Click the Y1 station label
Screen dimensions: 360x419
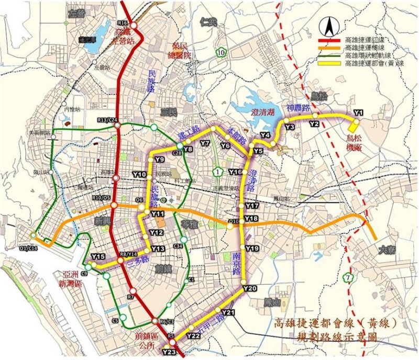pyautogui.click(x=359, y=112)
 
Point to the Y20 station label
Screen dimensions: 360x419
pyautogui.click(x=250, y=288)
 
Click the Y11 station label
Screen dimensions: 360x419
pyautogui.click(x=157, y=214)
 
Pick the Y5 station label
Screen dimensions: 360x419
pyautogui.click(x=258, y=151)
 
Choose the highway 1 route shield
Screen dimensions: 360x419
pyautogui.click(x=218, y=171)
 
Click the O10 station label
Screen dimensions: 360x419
pyautogui.click(x=233, y=222)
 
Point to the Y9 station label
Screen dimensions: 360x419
pyautogui.click(x=160, y=159)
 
